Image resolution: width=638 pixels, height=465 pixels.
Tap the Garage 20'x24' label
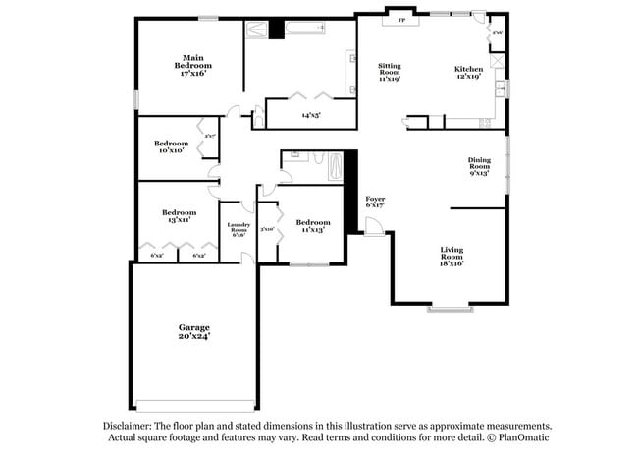[193, 331]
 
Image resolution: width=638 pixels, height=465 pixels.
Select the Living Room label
[451, 257]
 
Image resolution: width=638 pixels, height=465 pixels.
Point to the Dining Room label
[478, 166]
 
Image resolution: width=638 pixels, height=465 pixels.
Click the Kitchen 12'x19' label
[468, 72]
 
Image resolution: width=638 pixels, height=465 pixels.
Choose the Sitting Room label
[390, 71]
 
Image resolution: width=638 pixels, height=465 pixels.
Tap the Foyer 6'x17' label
[374, 202]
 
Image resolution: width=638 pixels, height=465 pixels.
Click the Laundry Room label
[239, 229]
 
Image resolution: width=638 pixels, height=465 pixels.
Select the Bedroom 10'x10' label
[171, 146]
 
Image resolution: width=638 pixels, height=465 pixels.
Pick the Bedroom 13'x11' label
[179, 215]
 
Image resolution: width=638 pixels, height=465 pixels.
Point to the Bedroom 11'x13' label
[312, 225]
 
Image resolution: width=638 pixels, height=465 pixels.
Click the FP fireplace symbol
[400, 19]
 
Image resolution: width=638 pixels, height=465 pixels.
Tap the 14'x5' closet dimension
[311, 115]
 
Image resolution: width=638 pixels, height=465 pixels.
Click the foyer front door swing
[374, 227]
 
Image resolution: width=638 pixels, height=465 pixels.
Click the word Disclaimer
[130, 427]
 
